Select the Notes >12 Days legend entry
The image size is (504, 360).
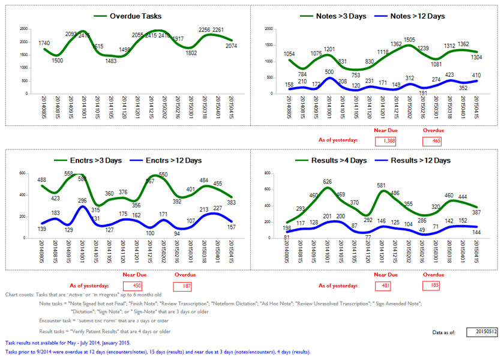pos(417,16)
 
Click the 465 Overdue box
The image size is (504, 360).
pos(431,141)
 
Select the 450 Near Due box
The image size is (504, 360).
pos(137,286)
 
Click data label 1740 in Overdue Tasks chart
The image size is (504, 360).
pos(44,43)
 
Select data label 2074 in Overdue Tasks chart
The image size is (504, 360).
pos(233,46)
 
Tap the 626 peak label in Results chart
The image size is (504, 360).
pos(327,182)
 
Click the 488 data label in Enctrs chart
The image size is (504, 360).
pos(42,179)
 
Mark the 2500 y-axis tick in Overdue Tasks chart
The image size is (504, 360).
pos(23,29)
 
